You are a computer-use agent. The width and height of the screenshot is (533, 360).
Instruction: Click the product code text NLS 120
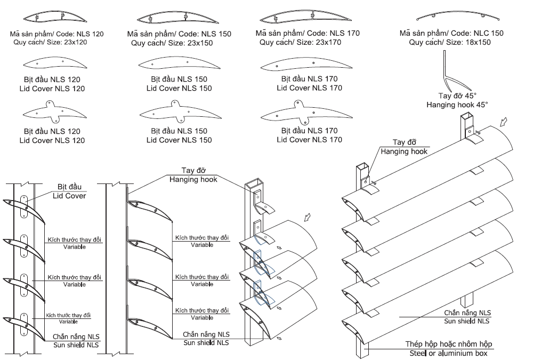pyautogui.click(x=90, y=34)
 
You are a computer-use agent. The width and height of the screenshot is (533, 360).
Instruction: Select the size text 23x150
pyautogui.click(x=195, y=43)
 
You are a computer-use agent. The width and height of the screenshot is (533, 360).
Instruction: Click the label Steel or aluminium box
pyautogui.click(x=448, y=353)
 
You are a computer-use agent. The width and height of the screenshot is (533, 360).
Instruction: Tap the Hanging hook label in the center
pyautogui.click(x=193, y=180)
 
